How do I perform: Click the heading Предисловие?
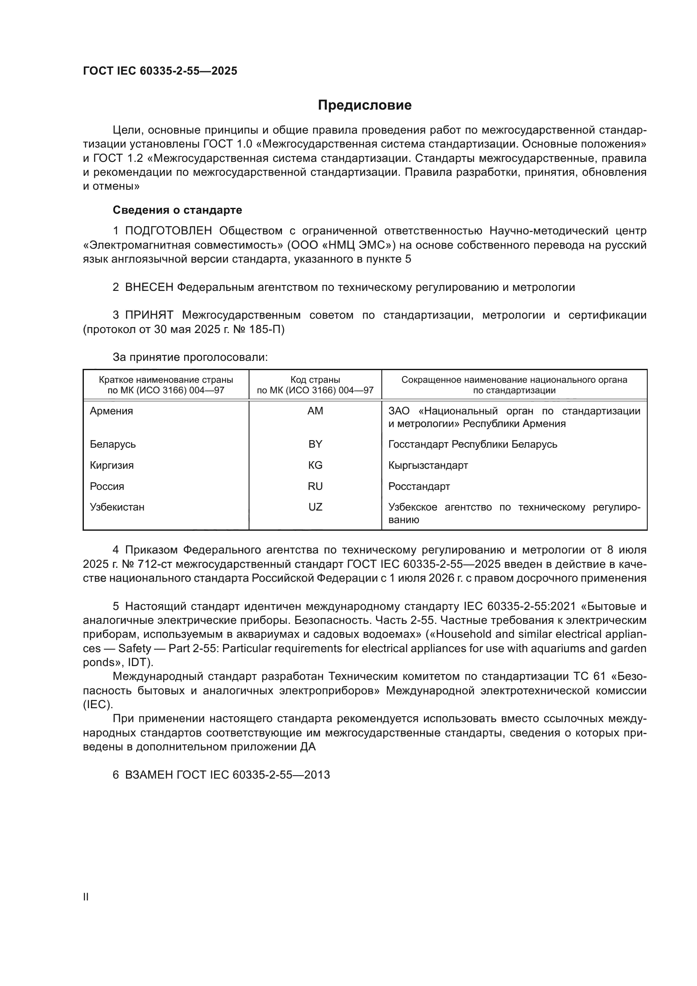[x=365, y=105]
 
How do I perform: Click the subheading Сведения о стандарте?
[x=177, y=210]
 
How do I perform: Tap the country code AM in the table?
[x=315, y=411]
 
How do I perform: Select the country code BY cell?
[x=315, y=444]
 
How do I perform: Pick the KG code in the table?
[x=315, y=465]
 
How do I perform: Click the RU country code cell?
[x=315, y=486]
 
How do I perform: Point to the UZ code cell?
[x=315, y=507]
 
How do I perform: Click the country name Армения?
[x=111, y=411]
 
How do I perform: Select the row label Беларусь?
[x=113, y=444]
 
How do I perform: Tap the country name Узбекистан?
[x=117, y=507]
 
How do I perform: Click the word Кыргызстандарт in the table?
[x=428, y=465]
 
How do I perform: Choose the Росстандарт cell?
[x=419, y=486]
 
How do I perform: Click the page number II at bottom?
[x=86, y=897]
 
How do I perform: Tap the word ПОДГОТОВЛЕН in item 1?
[x=168, y=231]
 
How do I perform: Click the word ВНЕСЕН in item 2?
[x=149, y=287]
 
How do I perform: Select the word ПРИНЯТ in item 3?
[x=149, y=315]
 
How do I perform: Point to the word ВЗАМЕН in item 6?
[x=149, y=775]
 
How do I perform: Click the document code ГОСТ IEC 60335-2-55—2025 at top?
[x=160, y=71]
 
